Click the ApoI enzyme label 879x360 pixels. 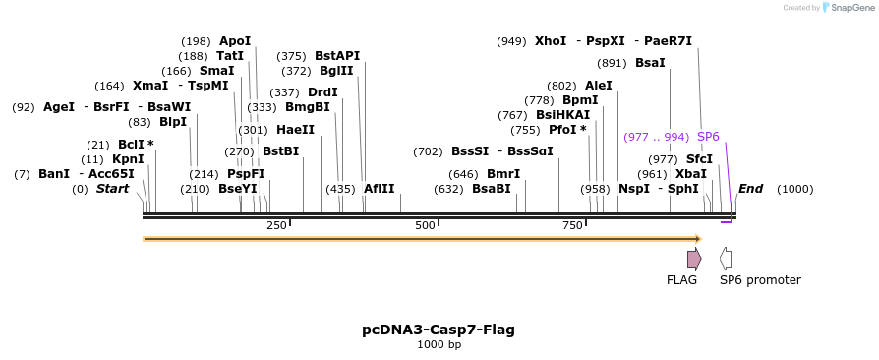click(235, 41)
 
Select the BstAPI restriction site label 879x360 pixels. click(337, 56)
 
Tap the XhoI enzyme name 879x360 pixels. click(551, 41)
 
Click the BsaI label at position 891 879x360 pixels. click(650, 63)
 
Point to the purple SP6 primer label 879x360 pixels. click(708, 137)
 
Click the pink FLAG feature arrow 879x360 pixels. click(694, 259)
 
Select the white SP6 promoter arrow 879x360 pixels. click(726, 259)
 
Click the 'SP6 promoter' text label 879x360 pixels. click(760, 280)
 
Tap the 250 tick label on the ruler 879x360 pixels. click(276, 226)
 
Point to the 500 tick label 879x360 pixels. click(425, 226)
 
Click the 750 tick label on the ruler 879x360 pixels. click(573, 226)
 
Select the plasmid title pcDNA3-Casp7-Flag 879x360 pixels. click(439, 330)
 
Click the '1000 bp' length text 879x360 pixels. click(439, 345)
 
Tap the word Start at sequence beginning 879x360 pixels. click(112, 189)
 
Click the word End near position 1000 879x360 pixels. click(750, 189)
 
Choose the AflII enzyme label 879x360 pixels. click(380, 189)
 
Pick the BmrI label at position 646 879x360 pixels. click(503, 174)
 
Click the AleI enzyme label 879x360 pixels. click(598, 86)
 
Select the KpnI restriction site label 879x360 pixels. click(128, 159)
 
